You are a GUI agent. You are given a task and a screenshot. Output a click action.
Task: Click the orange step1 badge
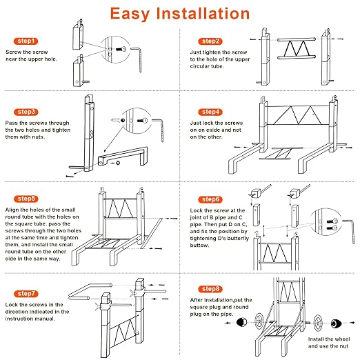coord(26,41)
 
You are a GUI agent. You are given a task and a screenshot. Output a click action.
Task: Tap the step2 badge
coord(210,41)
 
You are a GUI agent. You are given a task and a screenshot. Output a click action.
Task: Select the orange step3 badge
coord(26,112)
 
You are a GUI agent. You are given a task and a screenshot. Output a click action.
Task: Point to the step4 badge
coord(210,112)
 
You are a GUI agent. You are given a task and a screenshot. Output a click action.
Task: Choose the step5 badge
coord(26,199)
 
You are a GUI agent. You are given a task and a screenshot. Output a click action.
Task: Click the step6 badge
coord(210,199)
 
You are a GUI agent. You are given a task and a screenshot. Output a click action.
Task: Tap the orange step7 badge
coord(26,294)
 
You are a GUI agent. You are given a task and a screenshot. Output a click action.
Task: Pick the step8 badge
coord(210,289)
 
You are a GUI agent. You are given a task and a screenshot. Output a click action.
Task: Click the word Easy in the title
coord(130,14)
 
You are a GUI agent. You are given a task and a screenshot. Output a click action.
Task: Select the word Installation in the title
coord(203,13)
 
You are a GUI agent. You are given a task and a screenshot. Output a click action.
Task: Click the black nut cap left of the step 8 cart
coord(241,322)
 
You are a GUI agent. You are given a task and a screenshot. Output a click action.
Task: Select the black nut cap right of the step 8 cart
coord(337,323)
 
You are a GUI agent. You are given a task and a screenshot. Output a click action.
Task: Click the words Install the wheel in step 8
coord(329,339)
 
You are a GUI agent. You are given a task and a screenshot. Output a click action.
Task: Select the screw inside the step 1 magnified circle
coord(121,49)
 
